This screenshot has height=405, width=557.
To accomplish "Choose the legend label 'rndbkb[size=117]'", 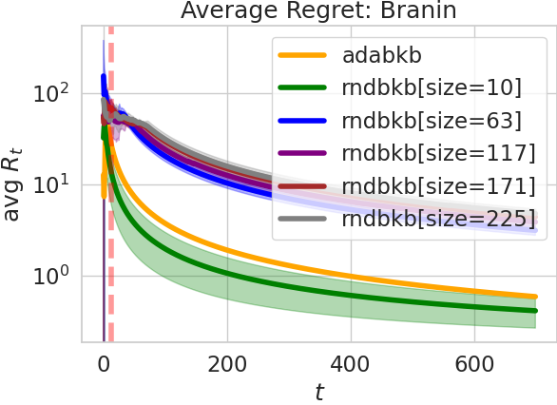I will pyautogui.click(x=435, y=153).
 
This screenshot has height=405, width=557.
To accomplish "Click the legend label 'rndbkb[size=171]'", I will pyautogui.click(x=435, y=185).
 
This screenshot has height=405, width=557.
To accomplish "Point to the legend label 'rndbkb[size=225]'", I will pyautogui.click(x=435, y=218).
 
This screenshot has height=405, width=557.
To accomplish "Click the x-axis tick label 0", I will pyautogui.click(x=103, y=362).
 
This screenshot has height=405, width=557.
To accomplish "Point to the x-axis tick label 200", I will pyautogui.click(x=226, y=362).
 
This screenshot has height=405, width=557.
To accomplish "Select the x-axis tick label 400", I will pyautogui.click(x=351, y=362).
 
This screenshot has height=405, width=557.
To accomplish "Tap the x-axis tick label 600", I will pyautogui.click(x=474, y=362).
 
